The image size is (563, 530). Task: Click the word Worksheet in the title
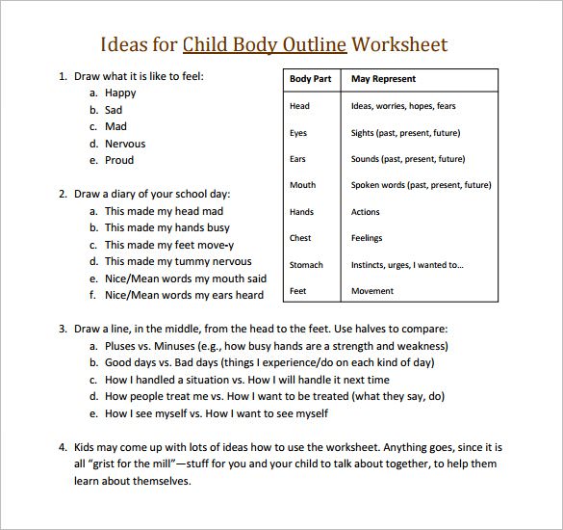[399, 45]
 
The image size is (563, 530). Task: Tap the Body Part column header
[311, 79]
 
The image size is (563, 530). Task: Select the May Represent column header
[384, 79]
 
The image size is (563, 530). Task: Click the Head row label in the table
[299, 106]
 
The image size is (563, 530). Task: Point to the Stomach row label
[306, 264]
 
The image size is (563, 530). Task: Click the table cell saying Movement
[372, 290]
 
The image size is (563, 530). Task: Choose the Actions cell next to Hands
[366, 212]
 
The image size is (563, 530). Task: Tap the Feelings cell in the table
[367, 238]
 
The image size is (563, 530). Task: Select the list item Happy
[120, 93]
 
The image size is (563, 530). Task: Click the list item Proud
[119, 160]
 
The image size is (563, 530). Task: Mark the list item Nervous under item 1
[125, 144]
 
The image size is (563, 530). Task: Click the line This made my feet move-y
[170, 245]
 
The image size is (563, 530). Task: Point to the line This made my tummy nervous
[178, 261]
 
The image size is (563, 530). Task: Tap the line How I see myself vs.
[217, 413]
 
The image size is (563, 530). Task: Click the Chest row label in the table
[300, 238]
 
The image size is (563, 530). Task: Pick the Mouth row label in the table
[302, 185]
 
